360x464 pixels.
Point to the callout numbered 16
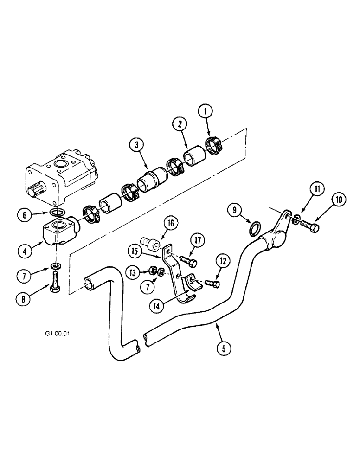(x=170, y=224)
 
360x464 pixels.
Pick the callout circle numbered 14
(x=156, y=305)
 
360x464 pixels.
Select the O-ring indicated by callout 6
(x=56, y=213)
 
